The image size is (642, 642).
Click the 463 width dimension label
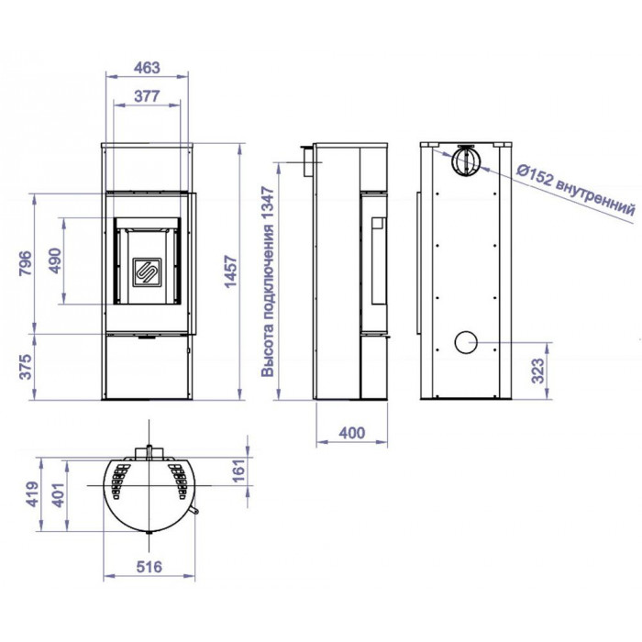click(147, 68)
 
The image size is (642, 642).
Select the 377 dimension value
click(147, 96)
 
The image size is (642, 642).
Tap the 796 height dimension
click(26, 263)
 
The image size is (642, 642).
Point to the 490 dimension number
click(55, 260)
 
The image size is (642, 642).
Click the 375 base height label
click(26, 367)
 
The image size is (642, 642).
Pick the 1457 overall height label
click(231, 271)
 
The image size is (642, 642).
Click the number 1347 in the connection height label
click(268, 205)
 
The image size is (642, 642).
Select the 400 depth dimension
click(351, 433)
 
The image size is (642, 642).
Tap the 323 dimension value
click(538, 371)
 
